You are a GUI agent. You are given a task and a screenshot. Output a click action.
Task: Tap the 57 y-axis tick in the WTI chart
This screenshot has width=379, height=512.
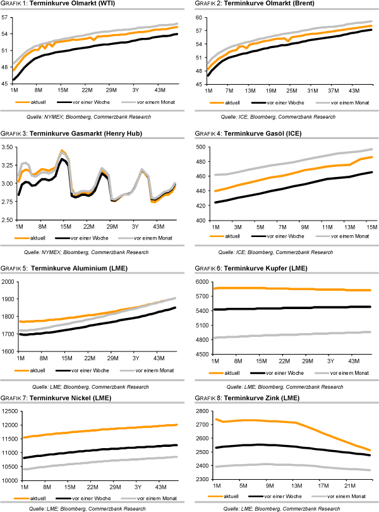tap(7, 18)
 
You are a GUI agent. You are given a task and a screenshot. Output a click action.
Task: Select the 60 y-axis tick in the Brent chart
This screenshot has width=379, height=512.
tap(202, 18)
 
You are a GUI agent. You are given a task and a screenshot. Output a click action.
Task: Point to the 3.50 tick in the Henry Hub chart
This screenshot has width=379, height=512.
tap(9, 147)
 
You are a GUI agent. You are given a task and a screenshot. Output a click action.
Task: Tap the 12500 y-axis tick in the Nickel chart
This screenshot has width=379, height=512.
tap(9, 411)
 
